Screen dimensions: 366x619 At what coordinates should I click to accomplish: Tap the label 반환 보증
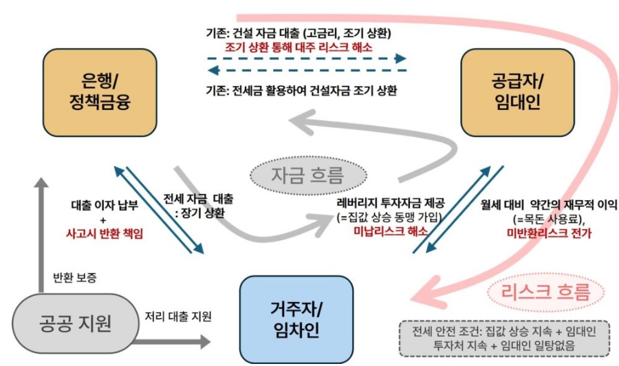click(x=75, y=278)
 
